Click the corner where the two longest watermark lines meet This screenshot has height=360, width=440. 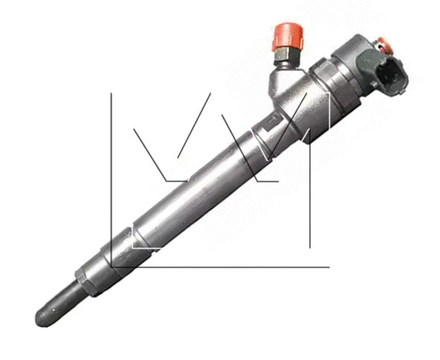[x=111, y=265]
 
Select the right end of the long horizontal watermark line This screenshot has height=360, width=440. [x=329, y=265]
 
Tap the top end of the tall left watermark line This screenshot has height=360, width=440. [x=111, y=93]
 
